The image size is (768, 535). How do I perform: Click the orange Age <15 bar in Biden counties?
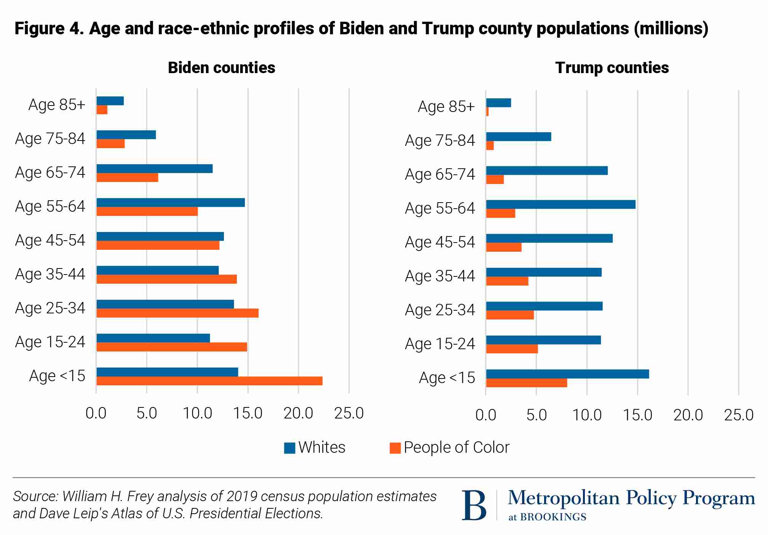click(x=209, y=381)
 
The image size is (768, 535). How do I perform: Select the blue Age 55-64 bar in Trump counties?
click(x=560, y=204)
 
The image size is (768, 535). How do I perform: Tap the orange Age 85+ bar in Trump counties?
click(x=487, y=112)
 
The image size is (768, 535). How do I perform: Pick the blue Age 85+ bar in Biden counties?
click(x=110, y=101)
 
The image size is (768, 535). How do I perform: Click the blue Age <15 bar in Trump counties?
click(x=567, y=374)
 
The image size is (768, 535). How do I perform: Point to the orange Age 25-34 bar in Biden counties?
click(x=177, y=313)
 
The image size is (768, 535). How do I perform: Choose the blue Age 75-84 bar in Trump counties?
click(x=519, y=137)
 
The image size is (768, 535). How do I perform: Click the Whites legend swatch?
click(x=289, y=448)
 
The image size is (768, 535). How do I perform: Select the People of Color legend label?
click(x=456, y=447)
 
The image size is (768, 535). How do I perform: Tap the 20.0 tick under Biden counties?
click(x=298, y=414)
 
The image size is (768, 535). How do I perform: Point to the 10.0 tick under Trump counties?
click(x=587, y=415)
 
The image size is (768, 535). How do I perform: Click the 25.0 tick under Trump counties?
click(x=738, y=415)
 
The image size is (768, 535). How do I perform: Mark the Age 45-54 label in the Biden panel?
click(x=50, y=241)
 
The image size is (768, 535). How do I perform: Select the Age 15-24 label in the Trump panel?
click(x=440, y=344)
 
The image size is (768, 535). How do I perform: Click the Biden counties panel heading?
click(x=221, y=68)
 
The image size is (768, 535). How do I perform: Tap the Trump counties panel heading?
click(x=612, y=68)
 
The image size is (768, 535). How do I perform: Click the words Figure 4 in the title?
click(x=49, y=29)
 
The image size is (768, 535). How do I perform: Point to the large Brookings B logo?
click(x=474, y=505)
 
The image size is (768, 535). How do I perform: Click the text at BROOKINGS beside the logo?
click(x=547, y=517)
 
